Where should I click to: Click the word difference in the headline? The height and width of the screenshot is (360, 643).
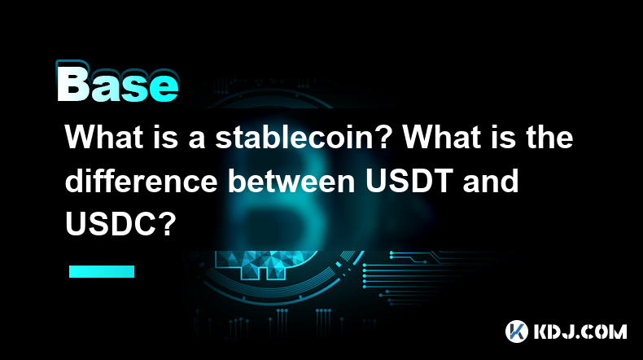click(x=141, y=181)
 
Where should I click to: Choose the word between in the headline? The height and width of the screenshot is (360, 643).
click(x=291, y=181)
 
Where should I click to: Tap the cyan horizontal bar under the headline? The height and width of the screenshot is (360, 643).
click(x=102, y=271)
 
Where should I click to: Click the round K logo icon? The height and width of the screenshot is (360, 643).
click(x=517, y=331)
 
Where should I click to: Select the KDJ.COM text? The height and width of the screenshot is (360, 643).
click(x=580, y=331)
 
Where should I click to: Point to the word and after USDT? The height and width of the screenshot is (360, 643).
click(x=491, y=181)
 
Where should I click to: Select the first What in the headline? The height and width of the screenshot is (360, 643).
click(x=104, y=137)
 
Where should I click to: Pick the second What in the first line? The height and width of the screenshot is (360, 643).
click(x=443, y=137)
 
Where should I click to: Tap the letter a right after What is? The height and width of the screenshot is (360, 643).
click(x=197, y=139)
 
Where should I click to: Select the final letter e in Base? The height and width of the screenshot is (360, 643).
click(x=165, y=89)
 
